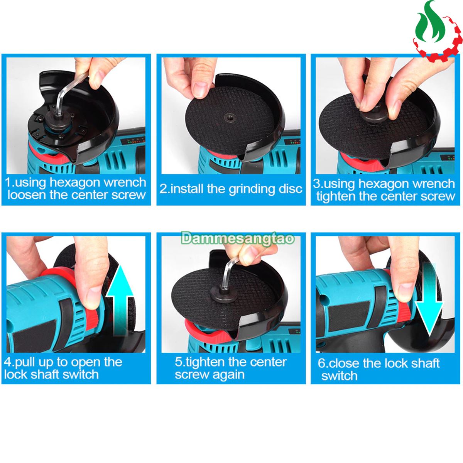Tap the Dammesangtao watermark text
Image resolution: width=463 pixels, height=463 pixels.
click(x=238, y=238)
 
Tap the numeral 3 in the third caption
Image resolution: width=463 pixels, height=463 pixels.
click(x=317, y=184)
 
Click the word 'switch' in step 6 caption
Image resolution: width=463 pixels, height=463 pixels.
click(x=339, y=376)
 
